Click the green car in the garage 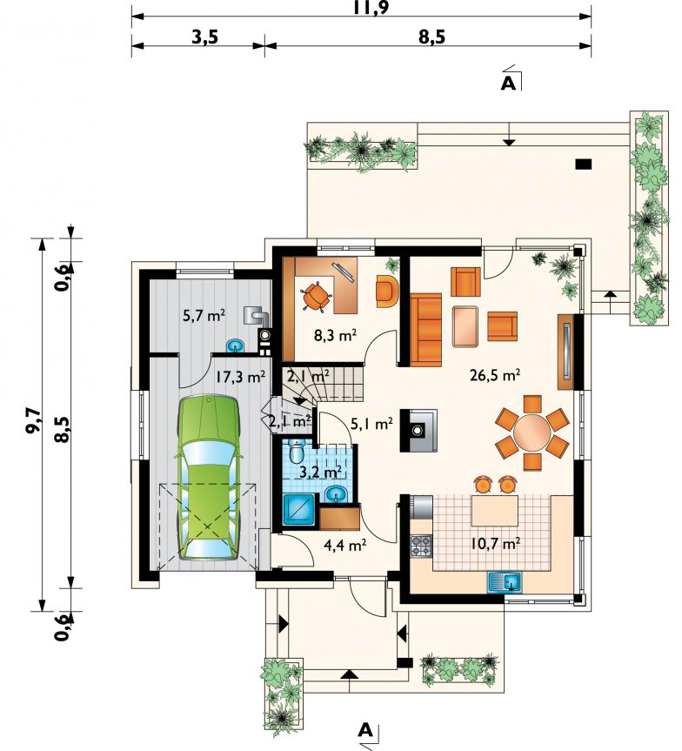[208, 477]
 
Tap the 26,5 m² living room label [495, 375]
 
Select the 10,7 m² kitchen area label [495, 543]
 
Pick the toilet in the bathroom [297, 449]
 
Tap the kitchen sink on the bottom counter [505, 582]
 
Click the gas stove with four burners [421, 546]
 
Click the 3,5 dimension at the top [205, 37]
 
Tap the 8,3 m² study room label [335, 335]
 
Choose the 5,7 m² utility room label [204, 315]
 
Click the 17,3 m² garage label [240, 377]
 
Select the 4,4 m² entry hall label [345, 545]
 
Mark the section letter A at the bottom [365, 730]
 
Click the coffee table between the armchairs [465, 326]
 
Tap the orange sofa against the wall [425, 330]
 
